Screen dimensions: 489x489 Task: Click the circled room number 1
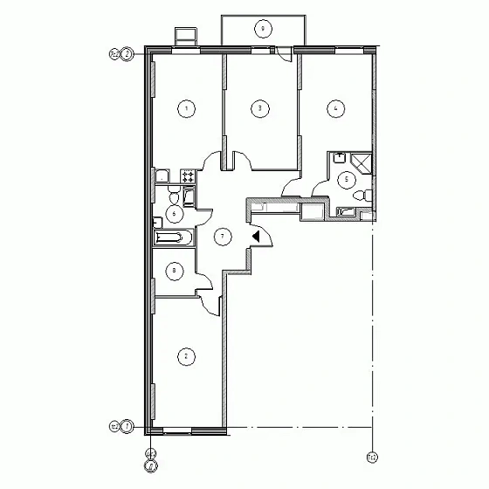click(x=185, y=108)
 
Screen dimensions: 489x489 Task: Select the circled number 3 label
click(x=259, y=108)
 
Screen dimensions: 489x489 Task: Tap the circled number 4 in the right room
click(x=334, y=108)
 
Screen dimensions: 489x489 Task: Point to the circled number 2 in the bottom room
click(x=185, y=355)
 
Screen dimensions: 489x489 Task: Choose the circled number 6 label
click(x=175, y=213)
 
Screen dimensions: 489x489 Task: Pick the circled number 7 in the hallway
click(x=223, y=236)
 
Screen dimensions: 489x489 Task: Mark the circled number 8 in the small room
click(x=175, y=272)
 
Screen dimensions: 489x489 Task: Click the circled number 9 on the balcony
click(x=262, y=29)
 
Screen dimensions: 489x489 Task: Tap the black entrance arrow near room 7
click(x=256, y=235)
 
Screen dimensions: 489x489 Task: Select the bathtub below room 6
click(x=171, y=238)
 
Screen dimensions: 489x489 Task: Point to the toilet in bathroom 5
click(x=368, y=195)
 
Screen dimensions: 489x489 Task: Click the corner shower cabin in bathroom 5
click(x=360, y=161)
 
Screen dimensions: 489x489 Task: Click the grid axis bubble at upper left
click(x=127, y=54)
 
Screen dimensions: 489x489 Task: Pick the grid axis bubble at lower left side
click(x=127, y=427)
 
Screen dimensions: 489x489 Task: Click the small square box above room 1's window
click(x=185, y=36)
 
